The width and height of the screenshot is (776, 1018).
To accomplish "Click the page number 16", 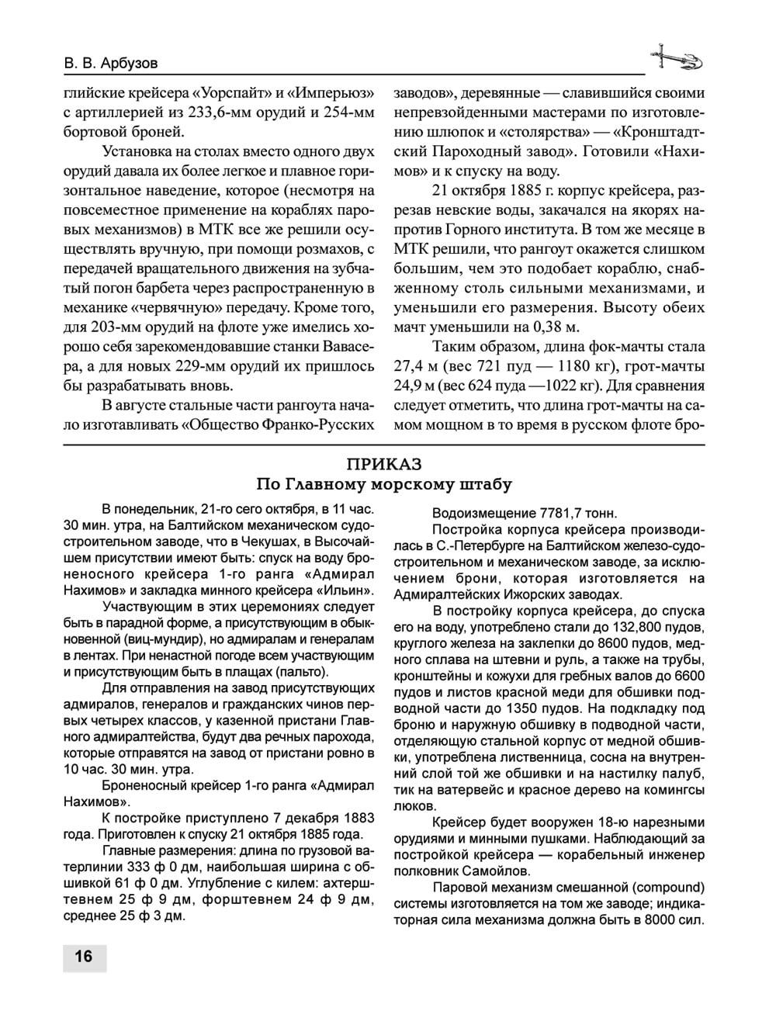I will (84, 956).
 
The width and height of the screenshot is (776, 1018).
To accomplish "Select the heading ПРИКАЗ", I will (384, 464).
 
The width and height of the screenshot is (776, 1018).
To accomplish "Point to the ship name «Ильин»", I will (345, 590).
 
